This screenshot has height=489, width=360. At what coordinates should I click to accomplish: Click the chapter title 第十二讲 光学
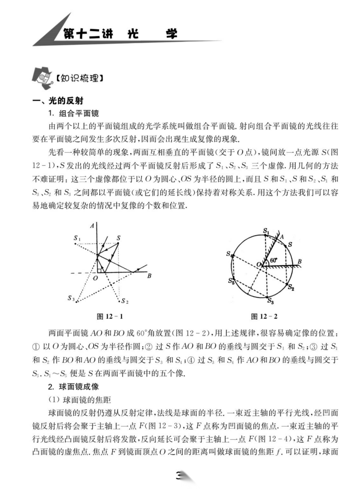coord(120,35)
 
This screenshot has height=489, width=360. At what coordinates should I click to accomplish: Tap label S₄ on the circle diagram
coord(229,254)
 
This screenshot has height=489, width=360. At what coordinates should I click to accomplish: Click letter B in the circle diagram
coord(300,262)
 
